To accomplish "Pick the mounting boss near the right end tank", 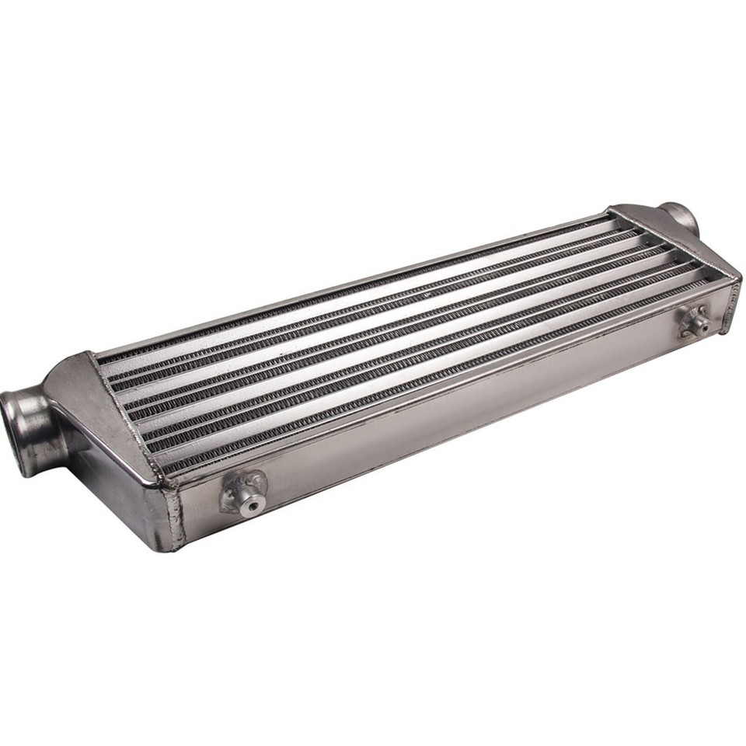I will [694, 319].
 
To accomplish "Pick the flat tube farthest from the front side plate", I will [350, 307].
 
